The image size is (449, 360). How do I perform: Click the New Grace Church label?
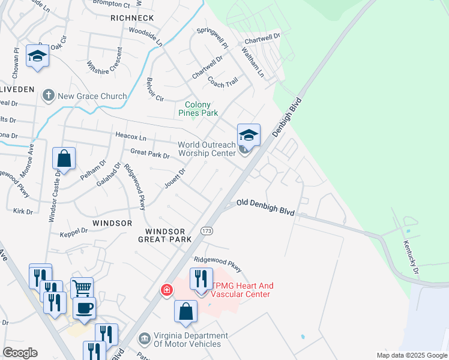(92, 96)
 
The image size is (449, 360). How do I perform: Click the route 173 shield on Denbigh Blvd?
(207, 231)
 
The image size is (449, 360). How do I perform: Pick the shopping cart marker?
(82, 287)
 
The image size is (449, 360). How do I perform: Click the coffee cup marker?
(84, 308)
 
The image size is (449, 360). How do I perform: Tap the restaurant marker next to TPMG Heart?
(201, 278)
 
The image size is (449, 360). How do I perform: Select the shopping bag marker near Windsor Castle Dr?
(64, 159)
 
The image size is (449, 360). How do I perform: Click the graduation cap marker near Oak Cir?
(38, 56)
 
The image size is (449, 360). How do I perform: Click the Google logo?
(20, 353)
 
